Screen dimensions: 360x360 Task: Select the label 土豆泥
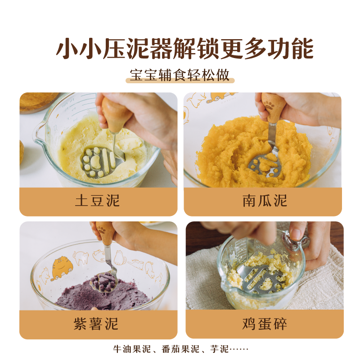98,201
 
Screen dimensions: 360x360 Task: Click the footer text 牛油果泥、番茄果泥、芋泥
180,349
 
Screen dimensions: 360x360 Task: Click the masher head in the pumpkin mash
266,163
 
